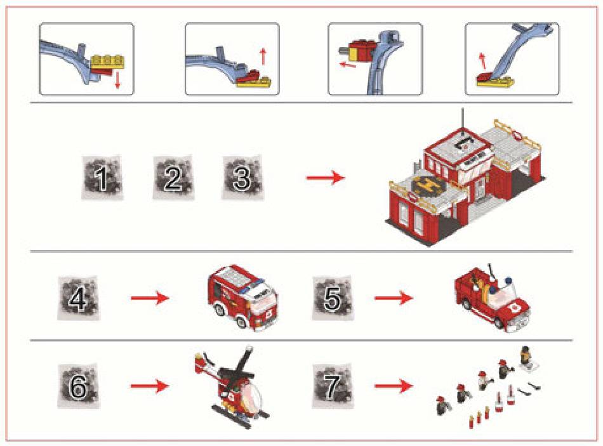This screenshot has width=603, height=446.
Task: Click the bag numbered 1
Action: click(x=101, y=180)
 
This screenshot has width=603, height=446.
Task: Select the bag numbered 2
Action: click(x=173, y=179)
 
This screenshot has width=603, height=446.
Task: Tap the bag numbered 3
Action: click(x=242, y=178)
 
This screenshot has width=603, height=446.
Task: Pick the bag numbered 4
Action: click(x=78, y=297)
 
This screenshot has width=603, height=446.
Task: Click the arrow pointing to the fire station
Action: click(x=326, y=178)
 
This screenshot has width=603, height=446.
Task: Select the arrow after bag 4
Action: click(x=150, y=297)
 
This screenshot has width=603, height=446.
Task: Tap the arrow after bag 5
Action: click(x=394, y=297)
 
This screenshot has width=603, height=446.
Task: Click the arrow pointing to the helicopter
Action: click(x=150, y=385)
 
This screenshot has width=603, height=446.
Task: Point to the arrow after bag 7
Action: click(x=394, y=385)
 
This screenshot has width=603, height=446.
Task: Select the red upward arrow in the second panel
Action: click(x=263, y=58)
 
